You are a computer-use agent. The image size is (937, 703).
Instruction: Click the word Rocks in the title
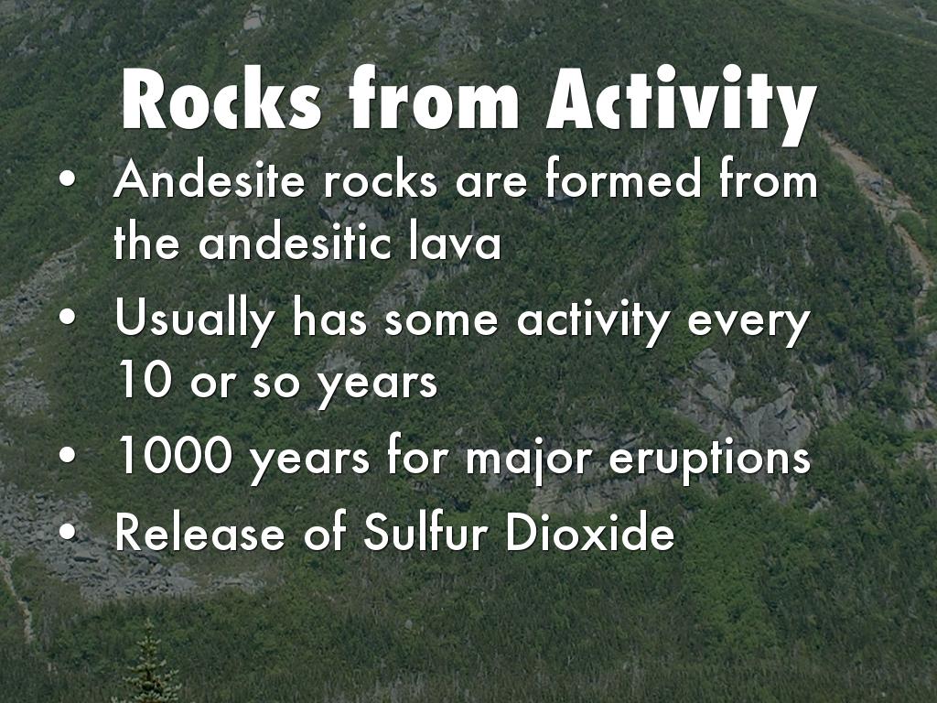pos(222,99)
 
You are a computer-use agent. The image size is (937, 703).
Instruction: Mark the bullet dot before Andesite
pos(68,180)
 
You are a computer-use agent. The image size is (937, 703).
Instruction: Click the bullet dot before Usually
pos(68,319)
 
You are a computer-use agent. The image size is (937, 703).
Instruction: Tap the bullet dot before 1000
pos(68,456)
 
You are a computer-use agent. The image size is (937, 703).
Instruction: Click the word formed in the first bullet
pos(621,178)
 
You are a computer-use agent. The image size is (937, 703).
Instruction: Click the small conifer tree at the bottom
pos(149,664)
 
